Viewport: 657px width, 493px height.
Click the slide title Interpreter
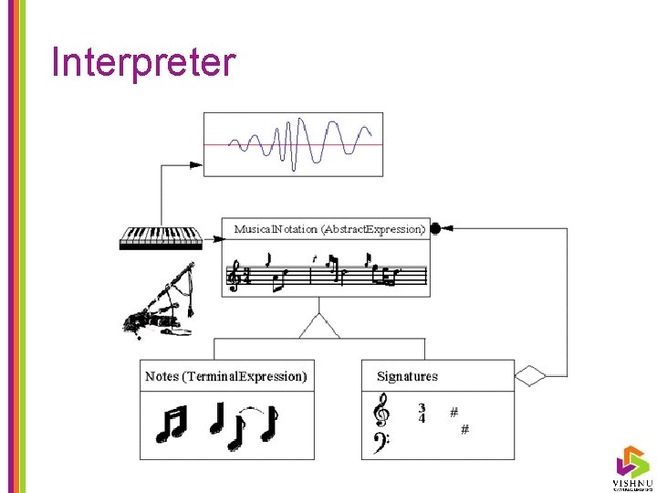tap(144, 63)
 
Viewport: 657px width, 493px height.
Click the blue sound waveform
tap(300, 143)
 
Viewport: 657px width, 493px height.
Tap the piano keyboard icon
tap(161, 237)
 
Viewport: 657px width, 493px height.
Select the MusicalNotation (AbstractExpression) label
tap(329, 229)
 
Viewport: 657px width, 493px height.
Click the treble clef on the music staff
tap(235, 276)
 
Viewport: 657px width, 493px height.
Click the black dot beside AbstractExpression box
tap(435, 228)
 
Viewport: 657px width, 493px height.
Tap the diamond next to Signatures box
tap(530, 375)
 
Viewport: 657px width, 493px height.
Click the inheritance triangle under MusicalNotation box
tap(318, 326)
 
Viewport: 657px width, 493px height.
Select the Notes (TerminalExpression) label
tap(226, 376)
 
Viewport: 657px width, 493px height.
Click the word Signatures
tap(407, 376)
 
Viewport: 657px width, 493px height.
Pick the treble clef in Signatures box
tap(382, 409)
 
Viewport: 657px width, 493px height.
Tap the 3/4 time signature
tap(422, 414)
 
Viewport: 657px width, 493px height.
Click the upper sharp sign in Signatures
tap(454, 412)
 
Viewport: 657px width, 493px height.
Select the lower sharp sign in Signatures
tap(464, 429)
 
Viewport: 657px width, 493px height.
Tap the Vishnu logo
tap(631, 466)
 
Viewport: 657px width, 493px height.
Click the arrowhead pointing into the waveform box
tap(195, 165)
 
